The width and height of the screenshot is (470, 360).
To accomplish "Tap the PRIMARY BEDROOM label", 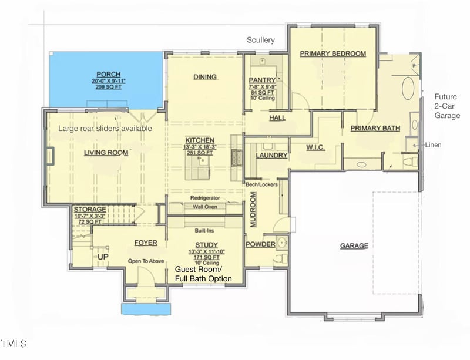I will click(x=333, y=53).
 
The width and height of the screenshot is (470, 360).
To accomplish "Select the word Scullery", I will click(x=261, y=40).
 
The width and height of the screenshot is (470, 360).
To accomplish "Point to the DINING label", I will click(x=205, y=76).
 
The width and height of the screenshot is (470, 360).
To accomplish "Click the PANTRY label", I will click(x=262, y=80).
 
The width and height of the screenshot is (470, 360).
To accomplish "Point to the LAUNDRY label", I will click(x=271, y=156).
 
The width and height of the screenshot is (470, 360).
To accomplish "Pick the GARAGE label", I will click(x=354, y=245).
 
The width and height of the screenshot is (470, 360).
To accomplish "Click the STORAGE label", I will click(x=89, y=209).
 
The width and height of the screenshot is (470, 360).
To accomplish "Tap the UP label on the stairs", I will click(x=103, y=257).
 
